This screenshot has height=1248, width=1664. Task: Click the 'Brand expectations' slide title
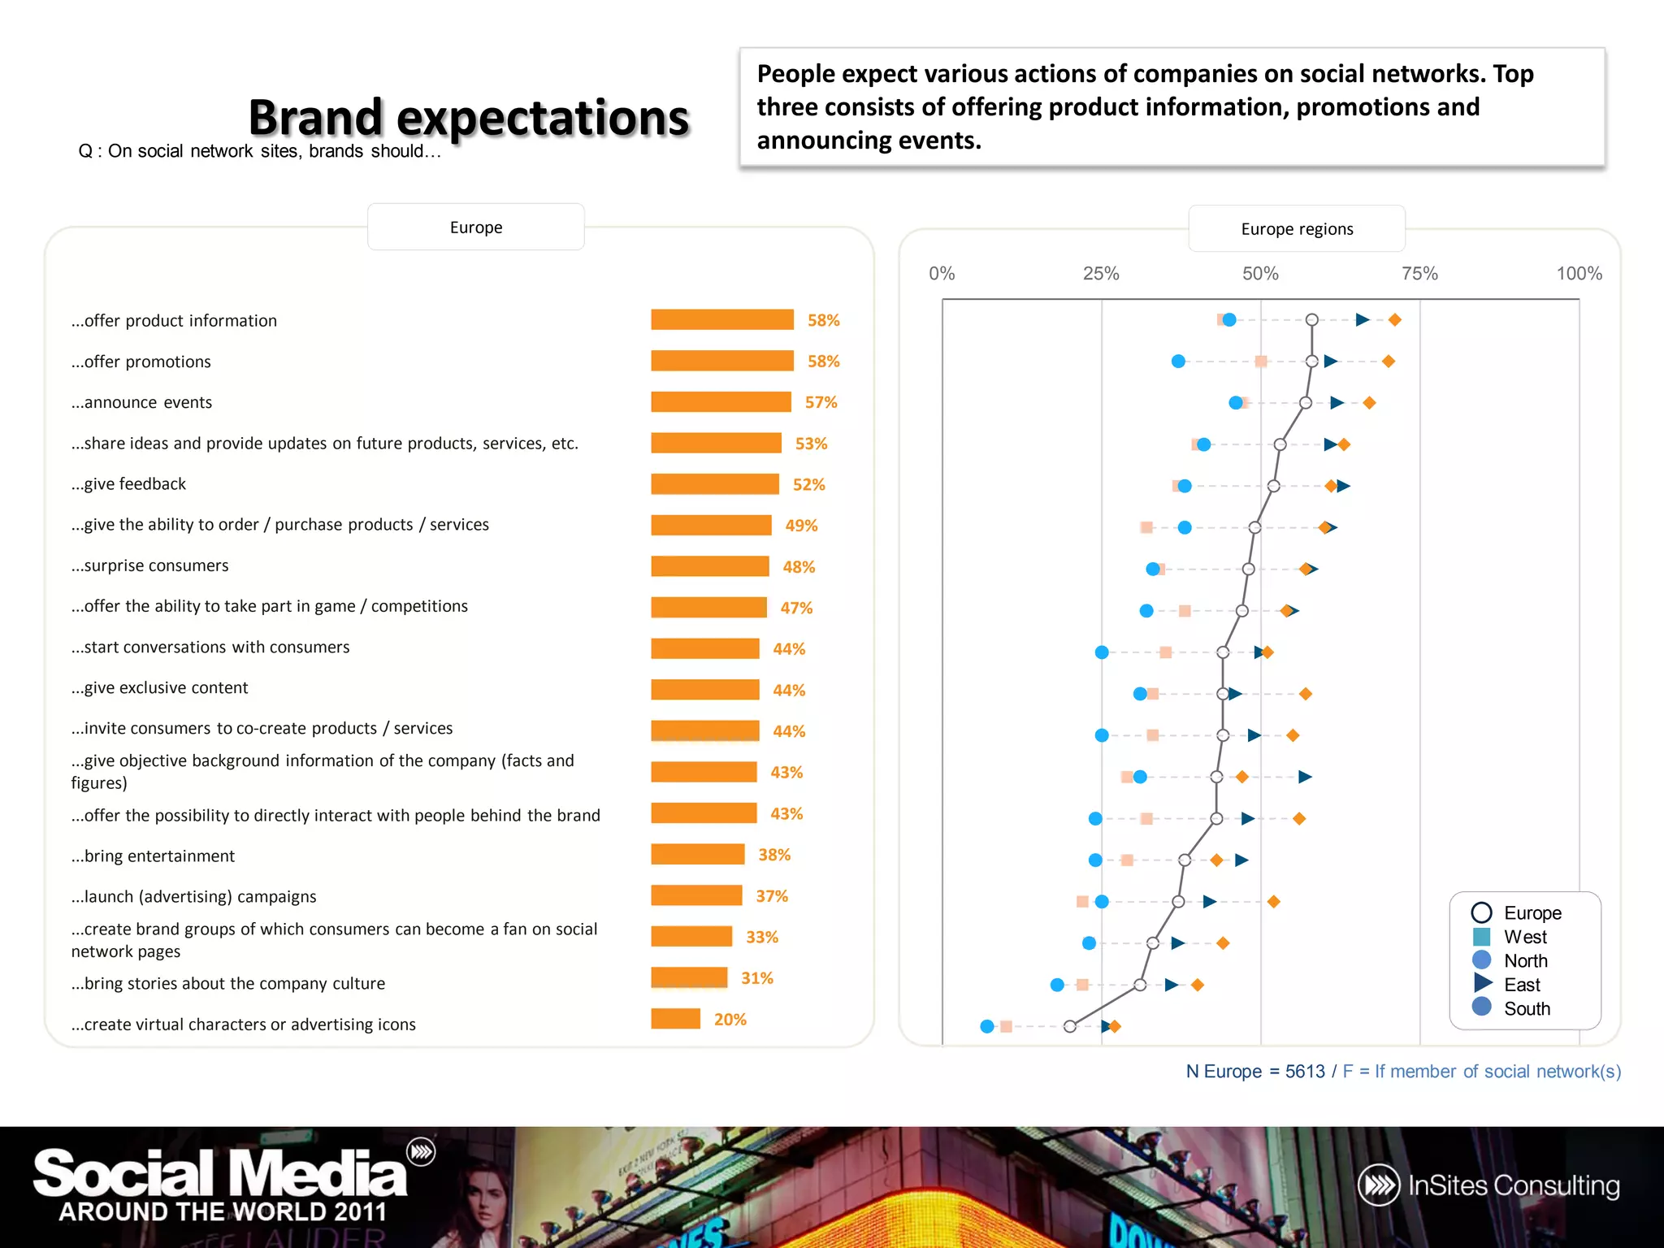pos(469,118)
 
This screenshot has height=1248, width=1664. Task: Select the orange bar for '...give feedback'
pos(714,484)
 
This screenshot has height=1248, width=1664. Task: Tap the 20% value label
pos(730,1019)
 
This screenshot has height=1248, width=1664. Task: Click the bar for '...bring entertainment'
pos(697,854)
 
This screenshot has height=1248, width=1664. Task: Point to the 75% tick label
pos(1419,274)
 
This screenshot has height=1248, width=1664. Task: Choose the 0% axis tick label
pos(942,274)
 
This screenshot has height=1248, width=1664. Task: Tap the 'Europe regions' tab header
pos(1297,229)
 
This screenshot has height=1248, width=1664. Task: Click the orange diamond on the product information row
pos(1394,320)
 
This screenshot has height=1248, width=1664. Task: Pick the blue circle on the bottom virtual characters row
pos(987,1026)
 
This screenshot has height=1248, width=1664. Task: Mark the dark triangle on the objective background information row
pos(1305,777)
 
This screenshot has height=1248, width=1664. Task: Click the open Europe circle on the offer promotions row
pos(1311,361)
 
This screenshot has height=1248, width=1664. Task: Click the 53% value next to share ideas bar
pos(811,444)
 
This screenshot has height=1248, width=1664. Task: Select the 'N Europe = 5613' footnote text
pos(1254,1072)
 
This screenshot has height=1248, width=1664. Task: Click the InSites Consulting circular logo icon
pos(1379,1185)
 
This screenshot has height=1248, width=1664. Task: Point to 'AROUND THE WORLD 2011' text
pos(223,1211)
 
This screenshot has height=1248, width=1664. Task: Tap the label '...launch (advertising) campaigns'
pos(193,896)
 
